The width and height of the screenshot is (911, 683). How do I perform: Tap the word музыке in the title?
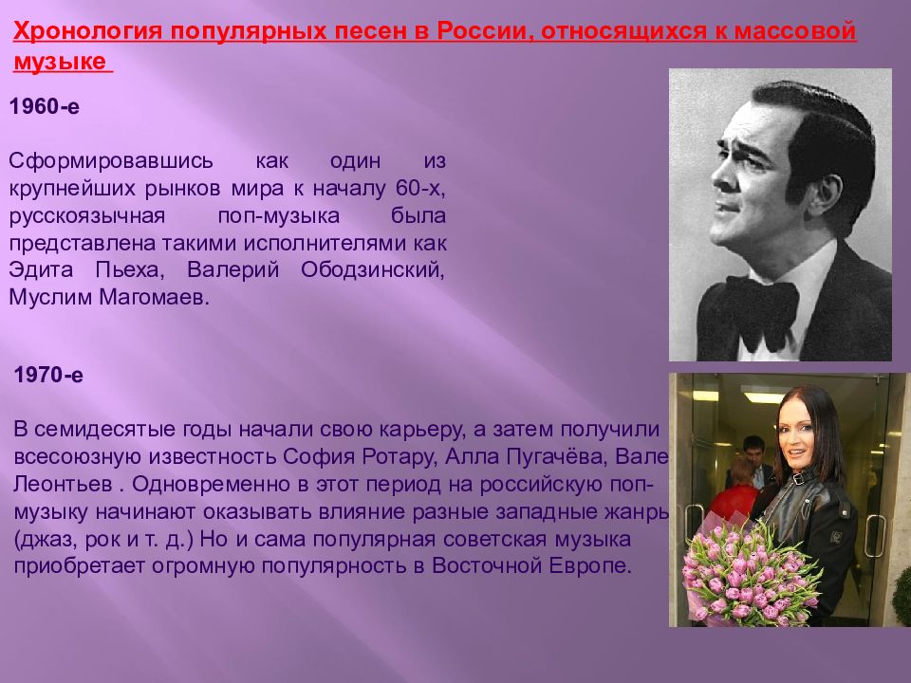61,65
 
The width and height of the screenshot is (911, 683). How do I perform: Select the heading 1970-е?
48,376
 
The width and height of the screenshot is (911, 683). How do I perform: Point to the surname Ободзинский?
372,270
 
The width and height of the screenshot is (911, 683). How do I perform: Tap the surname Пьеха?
129,270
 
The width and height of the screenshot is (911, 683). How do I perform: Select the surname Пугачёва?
555,456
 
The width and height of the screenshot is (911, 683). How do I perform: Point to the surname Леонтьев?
61,484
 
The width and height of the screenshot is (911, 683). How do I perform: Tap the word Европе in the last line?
596,566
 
